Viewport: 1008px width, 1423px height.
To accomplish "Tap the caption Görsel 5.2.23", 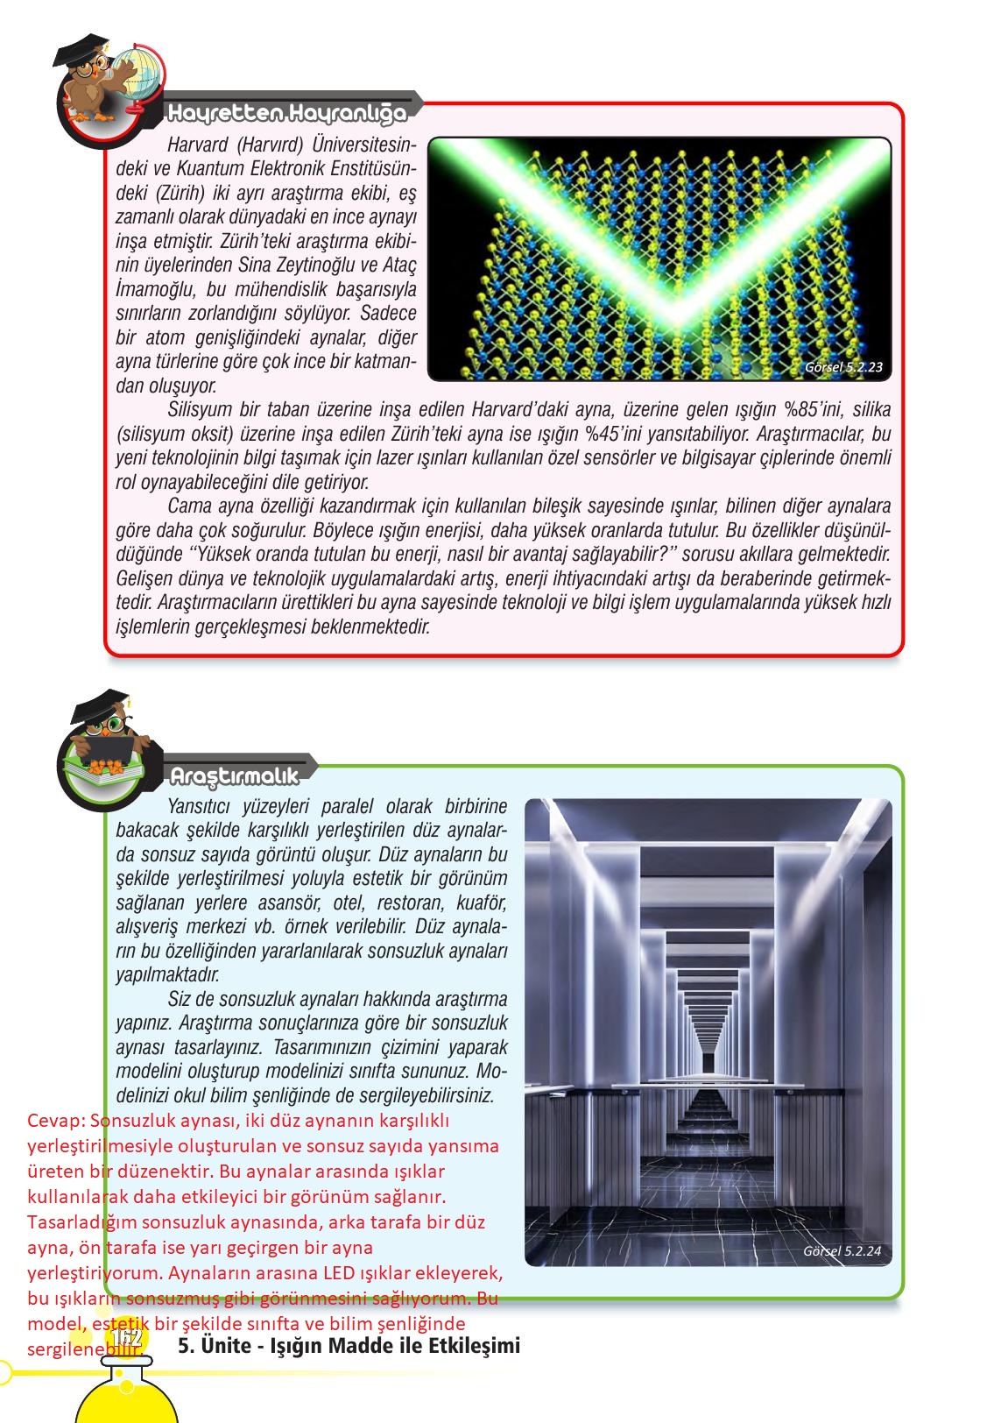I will coord(842,368).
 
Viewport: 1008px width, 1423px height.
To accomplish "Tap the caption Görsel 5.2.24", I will coord(842,1251).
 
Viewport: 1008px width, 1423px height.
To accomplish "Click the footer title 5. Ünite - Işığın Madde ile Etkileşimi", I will coord(349,1345).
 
